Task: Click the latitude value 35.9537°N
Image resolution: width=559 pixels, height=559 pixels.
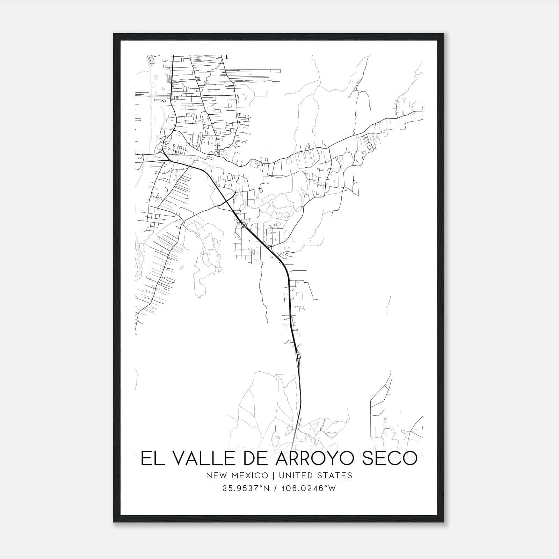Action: pos(245,488)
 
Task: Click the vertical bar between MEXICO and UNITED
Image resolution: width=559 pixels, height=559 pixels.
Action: pos(271,475)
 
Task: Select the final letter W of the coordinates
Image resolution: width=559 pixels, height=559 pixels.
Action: pos(332,488)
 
